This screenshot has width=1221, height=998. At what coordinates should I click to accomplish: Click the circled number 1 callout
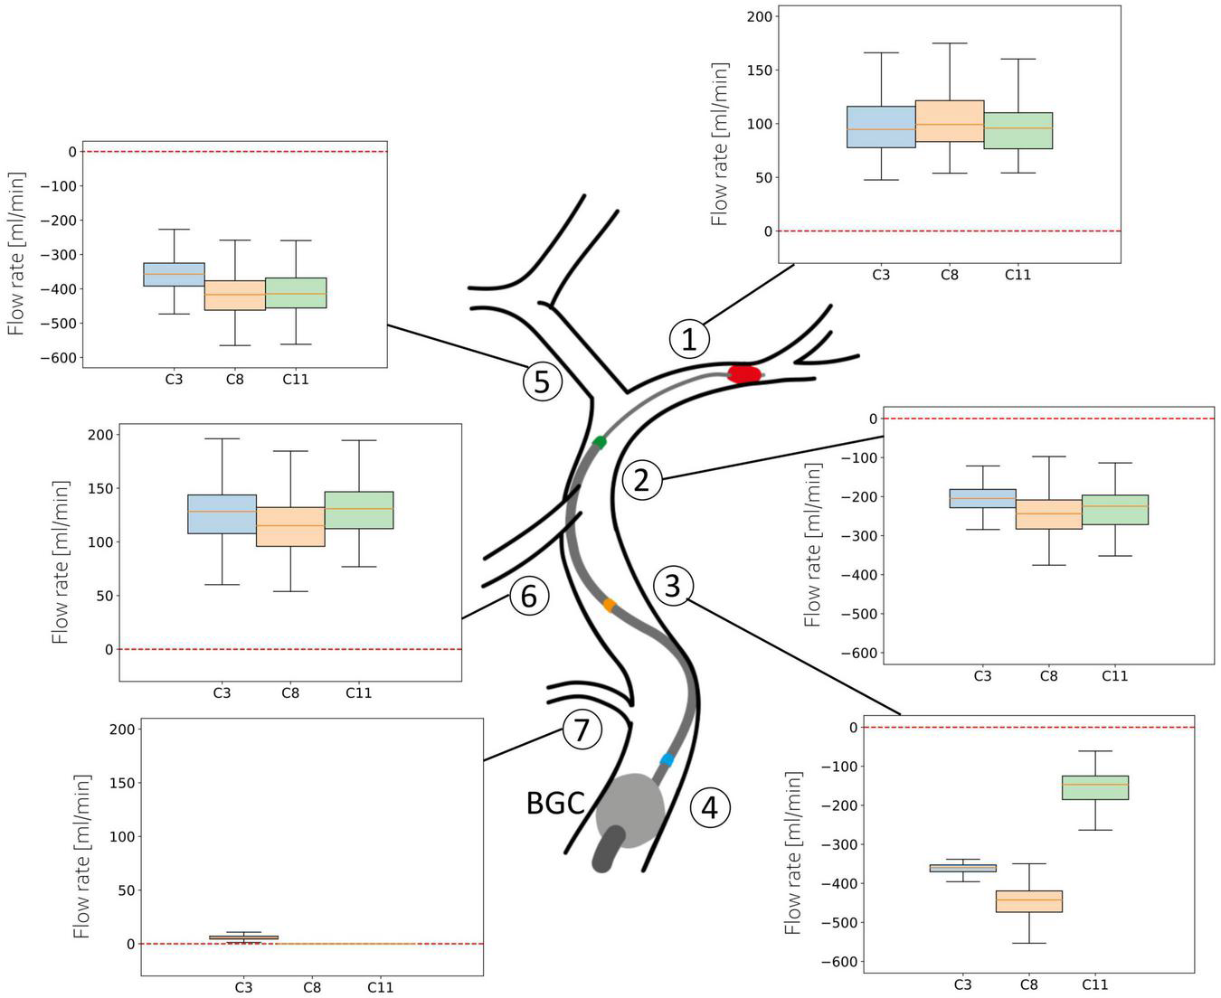pos(689,340)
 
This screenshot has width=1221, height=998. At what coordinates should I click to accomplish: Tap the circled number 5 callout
pos(542,381)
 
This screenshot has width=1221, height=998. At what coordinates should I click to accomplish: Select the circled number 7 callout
pos(582,730)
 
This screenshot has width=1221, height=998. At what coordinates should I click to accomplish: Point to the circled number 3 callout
pos(672,586)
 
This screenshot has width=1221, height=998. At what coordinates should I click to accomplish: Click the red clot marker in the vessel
pos(744,373)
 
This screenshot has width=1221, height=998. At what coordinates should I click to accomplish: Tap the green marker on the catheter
pos(600,442)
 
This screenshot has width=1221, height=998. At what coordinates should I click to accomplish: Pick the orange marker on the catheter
pos(610,604)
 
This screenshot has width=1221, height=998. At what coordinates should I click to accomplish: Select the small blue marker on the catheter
pos(667,759)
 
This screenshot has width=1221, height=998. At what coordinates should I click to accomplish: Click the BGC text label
pos(555,803)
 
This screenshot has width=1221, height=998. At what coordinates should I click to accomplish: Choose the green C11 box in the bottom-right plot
pos(1094,787)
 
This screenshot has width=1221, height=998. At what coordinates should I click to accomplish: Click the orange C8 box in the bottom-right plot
pos(1028,901)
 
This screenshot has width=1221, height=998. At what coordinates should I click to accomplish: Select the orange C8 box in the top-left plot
pos(234,295)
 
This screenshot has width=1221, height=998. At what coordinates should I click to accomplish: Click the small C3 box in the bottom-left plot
pos(243,937)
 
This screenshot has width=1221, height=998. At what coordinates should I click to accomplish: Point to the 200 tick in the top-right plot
pos(761,16)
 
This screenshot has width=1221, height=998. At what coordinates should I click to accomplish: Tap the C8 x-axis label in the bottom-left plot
pos(311,987)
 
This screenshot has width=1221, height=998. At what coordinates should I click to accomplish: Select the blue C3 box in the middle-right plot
pos(982,498)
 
